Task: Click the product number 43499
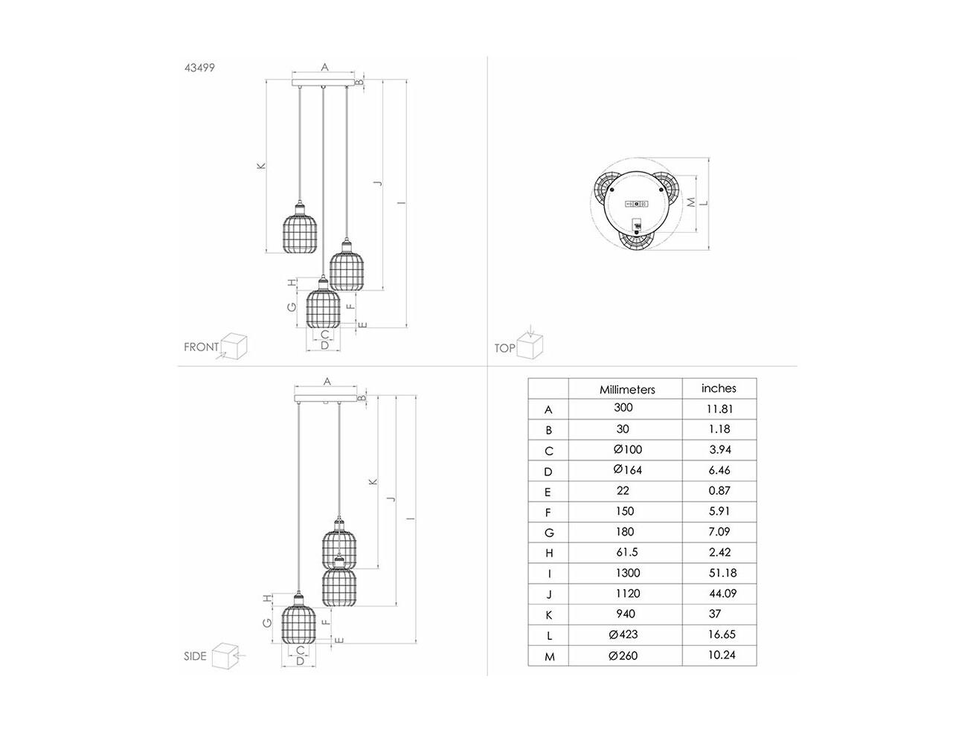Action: click(x=199, y=68)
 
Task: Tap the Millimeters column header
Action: click(x=627, y=390)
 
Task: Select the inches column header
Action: click(x=719, y=388)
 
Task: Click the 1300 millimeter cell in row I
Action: click(x=628, y=573)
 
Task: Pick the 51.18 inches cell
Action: click(x=722, y=573)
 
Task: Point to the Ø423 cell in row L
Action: click(x=623, y=635)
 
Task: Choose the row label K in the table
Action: click(x=549, y=614)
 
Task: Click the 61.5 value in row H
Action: click(x=627, y=552)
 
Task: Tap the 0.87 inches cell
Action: click(x=720, y=491)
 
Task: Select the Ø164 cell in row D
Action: click(x=628, y=470)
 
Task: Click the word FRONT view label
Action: click(x=202, y=347)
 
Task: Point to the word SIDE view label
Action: click(x=195, y=656)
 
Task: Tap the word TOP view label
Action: click(x=504, y=348)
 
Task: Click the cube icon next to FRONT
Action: click(x=234, y=346)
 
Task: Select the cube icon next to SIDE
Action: click(x=225, y=656)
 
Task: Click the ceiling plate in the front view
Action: click(x=324, y=83)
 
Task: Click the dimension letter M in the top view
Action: click(x=690, y=202)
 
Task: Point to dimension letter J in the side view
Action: click(x=391, y=500)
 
